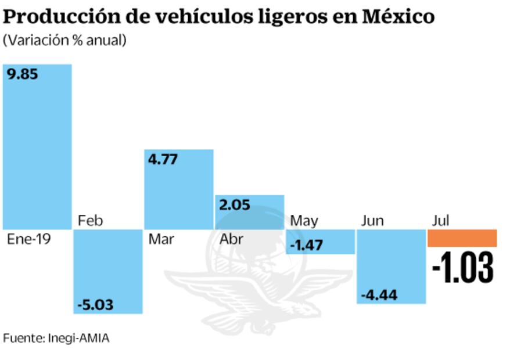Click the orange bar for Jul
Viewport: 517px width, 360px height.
click(462, 238)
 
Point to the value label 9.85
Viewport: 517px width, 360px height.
click(23, 74)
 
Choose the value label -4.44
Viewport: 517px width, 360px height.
click(378, 294)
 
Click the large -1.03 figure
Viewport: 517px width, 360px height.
click(462, 268)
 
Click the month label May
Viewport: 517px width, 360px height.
click(304, 221)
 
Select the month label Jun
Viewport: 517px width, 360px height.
click(372, 221)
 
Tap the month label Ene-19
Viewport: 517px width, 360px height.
click(29, 239)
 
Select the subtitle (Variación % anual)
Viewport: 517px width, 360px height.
click(64, 41)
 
